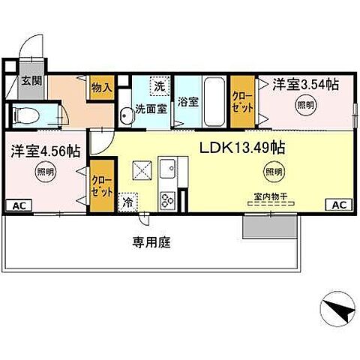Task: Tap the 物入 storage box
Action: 101,87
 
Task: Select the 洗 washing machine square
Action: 159,86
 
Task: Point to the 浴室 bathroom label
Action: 187,103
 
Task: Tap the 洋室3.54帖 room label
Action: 305,84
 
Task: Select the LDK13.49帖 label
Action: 241,148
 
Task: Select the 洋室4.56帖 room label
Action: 46,151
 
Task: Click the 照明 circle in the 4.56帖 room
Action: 45,172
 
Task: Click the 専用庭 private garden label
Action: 150,242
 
